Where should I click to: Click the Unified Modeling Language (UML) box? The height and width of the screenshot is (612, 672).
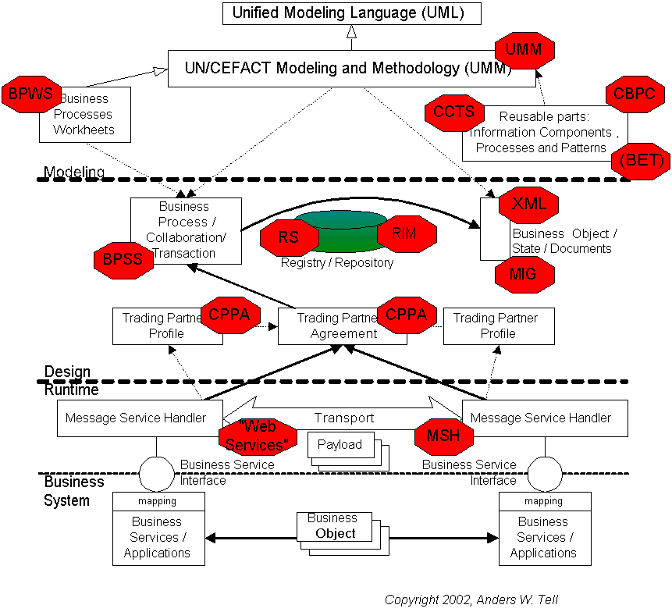(351, 13)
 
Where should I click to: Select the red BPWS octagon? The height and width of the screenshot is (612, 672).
(30, 94)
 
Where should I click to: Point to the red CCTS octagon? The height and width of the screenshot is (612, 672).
(454, 112)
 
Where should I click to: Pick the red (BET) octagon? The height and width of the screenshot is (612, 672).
(642, 161)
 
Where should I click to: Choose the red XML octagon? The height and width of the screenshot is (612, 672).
(529, 205)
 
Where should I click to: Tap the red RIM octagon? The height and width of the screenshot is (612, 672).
(406, 233)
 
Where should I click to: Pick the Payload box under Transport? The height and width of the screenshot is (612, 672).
(340, 445)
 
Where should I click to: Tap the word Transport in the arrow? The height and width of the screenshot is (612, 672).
(344, 418)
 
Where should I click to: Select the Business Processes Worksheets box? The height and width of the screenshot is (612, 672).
(85, 115)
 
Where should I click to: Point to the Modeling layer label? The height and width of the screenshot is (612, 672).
(74, 172)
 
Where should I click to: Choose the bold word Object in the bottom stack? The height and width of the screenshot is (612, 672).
(336, 534)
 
